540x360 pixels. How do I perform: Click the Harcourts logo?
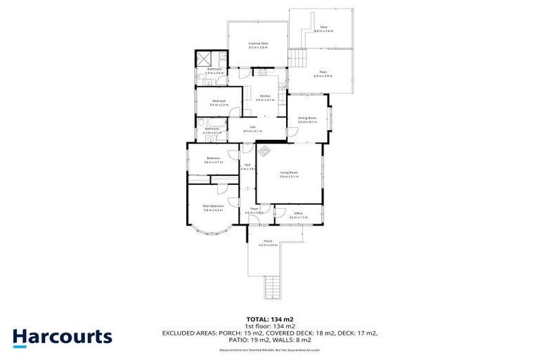pyautogui.click(x=62, y=337)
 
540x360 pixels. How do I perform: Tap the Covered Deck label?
pyautogui.click(x=258, y=44)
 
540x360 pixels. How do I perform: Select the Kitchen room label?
pyautogui.click(x=265, y=97)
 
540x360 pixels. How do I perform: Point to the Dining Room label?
pyautogui.click(x=308, y=120)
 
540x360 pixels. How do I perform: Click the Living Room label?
pyautogui.click(x=289, y=174)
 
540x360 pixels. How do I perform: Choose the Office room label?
pyautogui.click(x=298, y=214)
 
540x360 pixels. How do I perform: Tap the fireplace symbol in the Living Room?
pyautogui.click(x=266, y=150)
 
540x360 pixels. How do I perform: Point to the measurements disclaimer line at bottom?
pyautogui.click(x=269, y=349)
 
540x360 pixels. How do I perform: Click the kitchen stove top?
pyautogui.click(x=261, y=72)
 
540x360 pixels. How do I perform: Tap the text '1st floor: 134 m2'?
pyautogui.click(x=269, y=326)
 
